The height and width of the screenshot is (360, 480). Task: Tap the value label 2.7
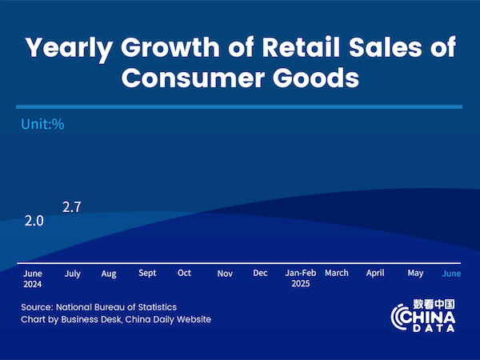tap(72, 207)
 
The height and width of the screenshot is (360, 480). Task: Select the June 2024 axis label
tap(33, 278)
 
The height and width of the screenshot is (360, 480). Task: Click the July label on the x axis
tap(72, 274)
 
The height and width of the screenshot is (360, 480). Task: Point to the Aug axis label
tap(109, 274)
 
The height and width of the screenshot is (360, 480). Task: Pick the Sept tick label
tap(147, 274)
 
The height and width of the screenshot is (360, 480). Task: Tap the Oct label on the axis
tap(184, 273)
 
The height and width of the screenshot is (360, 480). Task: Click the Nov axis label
tap(225, 274)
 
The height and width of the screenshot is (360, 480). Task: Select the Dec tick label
tap(260, 273)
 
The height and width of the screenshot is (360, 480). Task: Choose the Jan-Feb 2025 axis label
tap(301, 278)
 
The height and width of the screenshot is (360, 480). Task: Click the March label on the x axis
tap(337, 273)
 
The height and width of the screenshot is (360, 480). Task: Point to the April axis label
tap(375, 274)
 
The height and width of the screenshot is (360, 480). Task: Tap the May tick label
tap(415, 274)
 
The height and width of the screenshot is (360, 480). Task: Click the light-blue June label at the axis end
tap(451, 274)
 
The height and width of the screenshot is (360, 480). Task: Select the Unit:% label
tap(42, 124)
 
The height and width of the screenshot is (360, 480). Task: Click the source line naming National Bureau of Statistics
tap(99, 306)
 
